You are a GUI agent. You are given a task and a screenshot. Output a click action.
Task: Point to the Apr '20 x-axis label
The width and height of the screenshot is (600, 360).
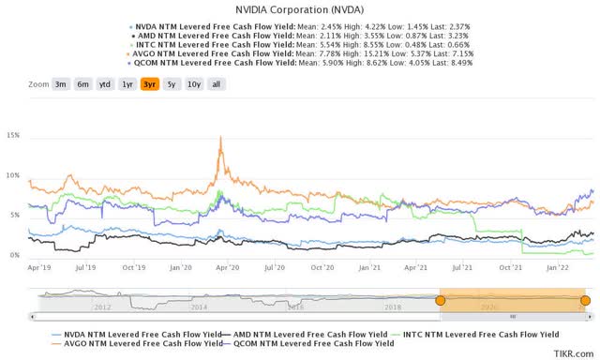[x=226, y=267]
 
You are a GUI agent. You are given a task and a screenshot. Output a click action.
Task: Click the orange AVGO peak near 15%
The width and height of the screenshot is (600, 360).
[x=221, y=138]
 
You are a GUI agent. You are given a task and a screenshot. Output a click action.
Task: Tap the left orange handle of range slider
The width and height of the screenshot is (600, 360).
[x=440, y=300]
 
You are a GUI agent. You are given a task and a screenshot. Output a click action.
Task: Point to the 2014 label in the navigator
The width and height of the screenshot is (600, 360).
[x=199, y=307]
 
